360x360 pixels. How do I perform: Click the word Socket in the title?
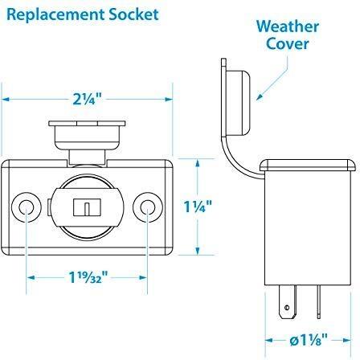click(133, 14)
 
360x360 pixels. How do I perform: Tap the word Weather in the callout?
click(288, 27)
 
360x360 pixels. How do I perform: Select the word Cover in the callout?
click(288, 43)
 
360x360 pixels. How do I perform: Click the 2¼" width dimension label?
click(88, 99)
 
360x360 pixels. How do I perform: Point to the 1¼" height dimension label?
click(198, 207)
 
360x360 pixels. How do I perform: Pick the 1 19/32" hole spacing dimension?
click(88, 277)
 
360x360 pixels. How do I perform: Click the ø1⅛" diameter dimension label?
click(309, 340)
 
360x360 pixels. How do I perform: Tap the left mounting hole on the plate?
click(27, 207)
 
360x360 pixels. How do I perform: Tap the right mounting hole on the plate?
click(148, 207)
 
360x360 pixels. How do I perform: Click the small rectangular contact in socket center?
click(87, 207)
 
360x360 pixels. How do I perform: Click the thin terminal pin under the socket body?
click(318, 302)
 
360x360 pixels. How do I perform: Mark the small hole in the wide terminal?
click(287, 307)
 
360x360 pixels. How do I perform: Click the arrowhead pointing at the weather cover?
click(259, 97)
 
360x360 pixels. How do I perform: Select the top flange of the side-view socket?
click(308, 165)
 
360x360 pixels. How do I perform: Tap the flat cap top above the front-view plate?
click(87, 124)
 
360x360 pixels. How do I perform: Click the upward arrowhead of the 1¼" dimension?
click(198, 162)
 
